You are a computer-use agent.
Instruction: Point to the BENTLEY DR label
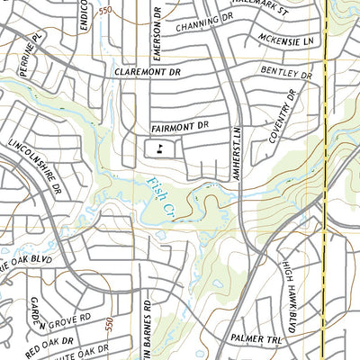coord(286,70)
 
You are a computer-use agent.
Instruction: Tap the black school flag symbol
coord(159,149)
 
